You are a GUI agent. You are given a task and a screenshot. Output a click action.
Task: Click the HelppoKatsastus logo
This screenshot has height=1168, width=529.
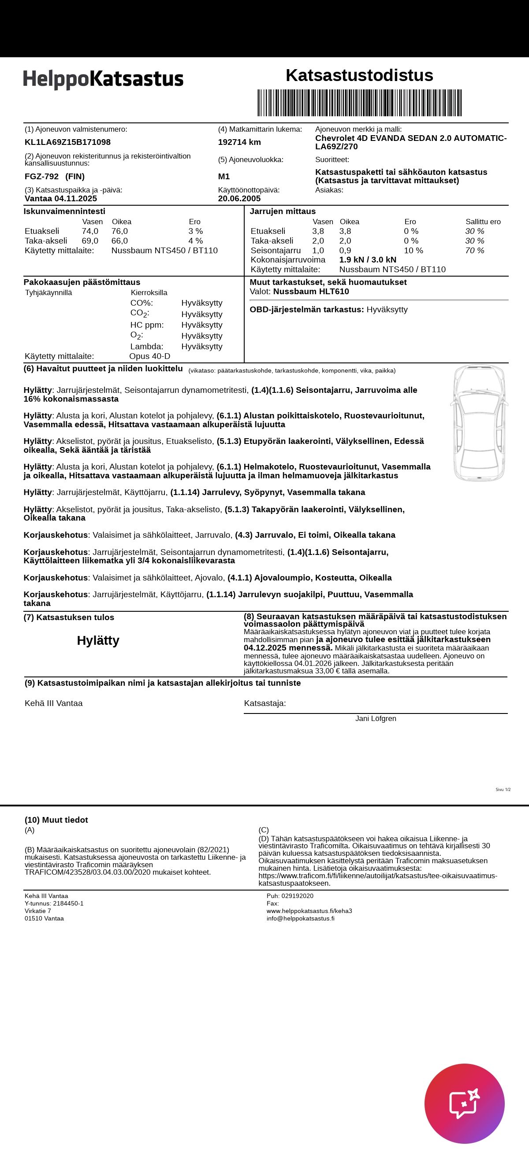(x=104, y=79)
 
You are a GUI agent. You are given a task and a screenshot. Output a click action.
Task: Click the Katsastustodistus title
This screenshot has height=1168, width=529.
(x=359, y=75)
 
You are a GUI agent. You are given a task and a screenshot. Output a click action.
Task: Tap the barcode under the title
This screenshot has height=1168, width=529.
(x=359, y=103)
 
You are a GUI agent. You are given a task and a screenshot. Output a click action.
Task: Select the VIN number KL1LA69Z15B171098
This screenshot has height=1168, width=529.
(x=67, y=142)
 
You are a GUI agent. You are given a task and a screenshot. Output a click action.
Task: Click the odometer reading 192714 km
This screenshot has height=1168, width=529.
(x=239, y=142)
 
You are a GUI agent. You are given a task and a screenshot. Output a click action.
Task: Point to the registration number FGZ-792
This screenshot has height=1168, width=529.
(x=42, y=176)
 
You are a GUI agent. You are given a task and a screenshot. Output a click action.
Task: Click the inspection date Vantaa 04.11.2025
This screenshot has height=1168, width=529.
(x=61, y=199)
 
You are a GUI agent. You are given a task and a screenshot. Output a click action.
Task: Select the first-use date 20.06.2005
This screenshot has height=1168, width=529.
(x=239, y=199)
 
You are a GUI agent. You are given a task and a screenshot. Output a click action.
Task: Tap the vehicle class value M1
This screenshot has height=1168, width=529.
(x=224, y=176)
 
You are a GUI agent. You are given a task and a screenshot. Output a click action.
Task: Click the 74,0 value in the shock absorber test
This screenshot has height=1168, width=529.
(x=90, y=231)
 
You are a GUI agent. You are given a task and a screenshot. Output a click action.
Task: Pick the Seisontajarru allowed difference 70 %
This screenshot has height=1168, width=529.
(x=475, y=250)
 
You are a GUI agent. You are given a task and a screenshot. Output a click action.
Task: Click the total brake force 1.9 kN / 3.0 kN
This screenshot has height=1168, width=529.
(x=368, y=260)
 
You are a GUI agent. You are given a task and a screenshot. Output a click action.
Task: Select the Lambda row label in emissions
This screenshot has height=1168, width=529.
(x=146, y=347)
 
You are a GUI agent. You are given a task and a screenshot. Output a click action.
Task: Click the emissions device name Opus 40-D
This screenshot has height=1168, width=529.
(x=150, y=356)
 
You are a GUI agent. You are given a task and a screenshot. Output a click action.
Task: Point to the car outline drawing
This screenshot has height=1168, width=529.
(x=479, y=422)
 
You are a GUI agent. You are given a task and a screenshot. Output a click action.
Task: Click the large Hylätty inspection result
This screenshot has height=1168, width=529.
(x=98, y=640)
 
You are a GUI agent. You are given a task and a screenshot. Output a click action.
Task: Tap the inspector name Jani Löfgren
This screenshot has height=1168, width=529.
(x=376, y=719)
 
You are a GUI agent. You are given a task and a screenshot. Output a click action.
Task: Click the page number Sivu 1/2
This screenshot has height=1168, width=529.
(x=503, y=789)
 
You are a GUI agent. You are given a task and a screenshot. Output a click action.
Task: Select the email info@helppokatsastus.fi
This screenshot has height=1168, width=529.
(x=300, y=919)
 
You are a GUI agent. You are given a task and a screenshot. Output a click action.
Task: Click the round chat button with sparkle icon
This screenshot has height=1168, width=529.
(x=464, y=1103)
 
